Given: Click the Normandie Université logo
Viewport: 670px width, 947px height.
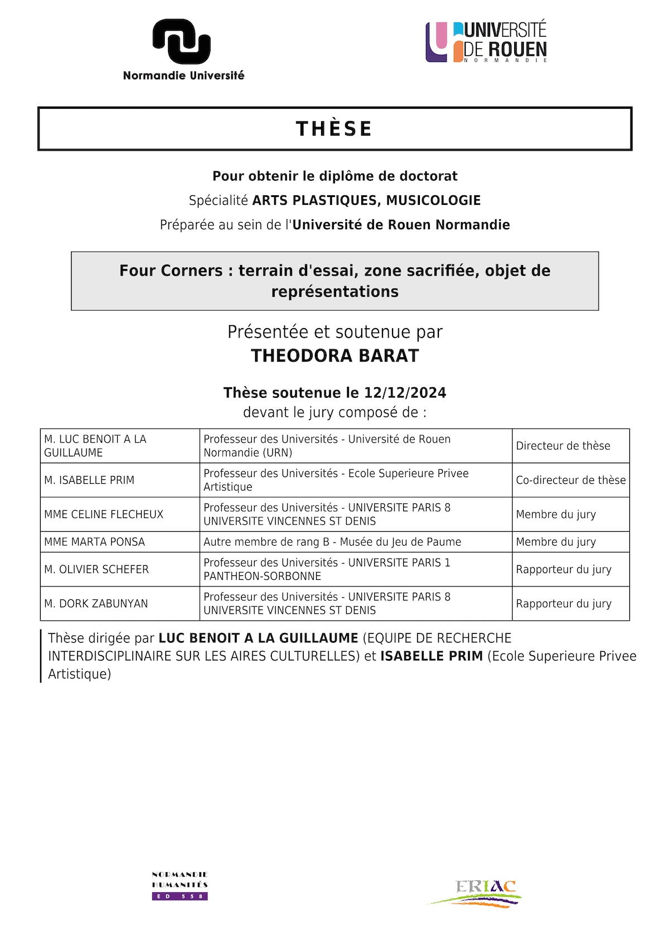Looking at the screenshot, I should (x=183, y=49).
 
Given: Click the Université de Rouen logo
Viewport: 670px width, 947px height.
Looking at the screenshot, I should (x=486, y=42).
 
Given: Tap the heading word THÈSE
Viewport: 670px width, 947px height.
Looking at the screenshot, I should (x=334, y=129).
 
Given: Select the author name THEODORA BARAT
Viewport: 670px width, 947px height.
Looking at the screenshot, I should (x=334, y=356).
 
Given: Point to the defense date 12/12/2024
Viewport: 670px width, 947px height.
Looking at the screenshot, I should (x=405, y=393).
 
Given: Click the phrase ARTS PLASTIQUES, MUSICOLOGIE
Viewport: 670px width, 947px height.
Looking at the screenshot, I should (x=366, y=200).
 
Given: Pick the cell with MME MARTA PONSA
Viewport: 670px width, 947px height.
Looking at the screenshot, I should (x=119, y=542).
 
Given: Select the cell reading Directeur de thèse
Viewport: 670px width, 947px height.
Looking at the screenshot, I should (x=570, y=446).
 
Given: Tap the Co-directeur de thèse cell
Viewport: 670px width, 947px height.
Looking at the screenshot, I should (x=570, y=480).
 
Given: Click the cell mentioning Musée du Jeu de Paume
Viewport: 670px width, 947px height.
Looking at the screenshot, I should (x=355, y=542).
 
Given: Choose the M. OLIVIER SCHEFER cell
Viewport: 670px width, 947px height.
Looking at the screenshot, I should (x=119, y=569).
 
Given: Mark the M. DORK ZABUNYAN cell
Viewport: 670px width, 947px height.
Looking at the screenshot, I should (x=119, y=603).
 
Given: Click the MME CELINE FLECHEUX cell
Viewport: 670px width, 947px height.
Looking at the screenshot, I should (x=119, y=514).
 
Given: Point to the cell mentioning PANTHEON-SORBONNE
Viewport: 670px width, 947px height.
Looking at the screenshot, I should (x=355, y=569).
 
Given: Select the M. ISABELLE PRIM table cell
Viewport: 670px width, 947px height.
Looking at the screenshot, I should (x=119, y=480).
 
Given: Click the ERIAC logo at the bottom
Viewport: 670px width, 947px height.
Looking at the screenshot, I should (x=476, y=893).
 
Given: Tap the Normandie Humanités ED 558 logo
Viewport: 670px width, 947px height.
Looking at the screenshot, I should (x=180, y=886).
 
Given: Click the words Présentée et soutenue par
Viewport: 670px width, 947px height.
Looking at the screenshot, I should (x=334, y=332).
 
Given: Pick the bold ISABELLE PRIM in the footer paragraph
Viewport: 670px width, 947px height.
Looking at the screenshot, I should (x=431, y=656).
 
